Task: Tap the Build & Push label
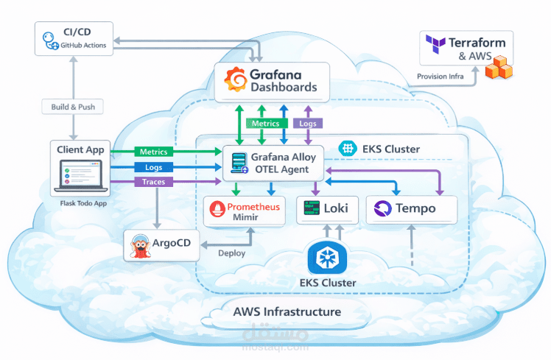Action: tap(72, 107)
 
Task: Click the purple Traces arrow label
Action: tap(152, 181)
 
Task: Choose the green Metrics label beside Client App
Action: tap(152, 152)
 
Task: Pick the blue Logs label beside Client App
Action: tap(152, 167)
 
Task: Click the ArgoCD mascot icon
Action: tap(139, 246)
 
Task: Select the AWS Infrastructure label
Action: tap(287, 311)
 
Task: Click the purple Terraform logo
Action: tap(435, 49)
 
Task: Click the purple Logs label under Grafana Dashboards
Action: tap(307, 124)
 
